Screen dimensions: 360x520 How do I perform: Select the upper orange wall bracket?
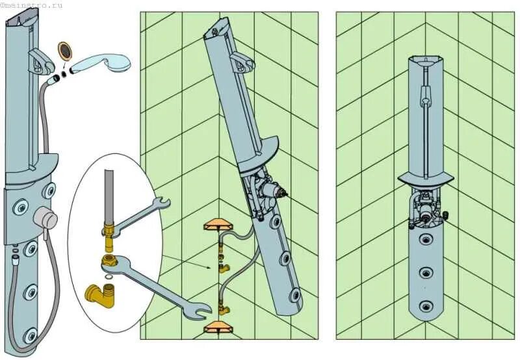pyautogui.click(x=216, y=225)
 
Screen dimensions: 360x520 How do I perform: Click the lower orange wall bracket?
pyautogui.click(x=216, y=327)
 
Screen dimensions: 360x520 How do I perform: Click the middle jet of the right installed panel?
pyautogui.click(x=426, y=272)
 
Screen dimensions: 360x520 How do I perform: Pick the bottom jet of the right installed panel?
pyautogui.click(x=426, y=305)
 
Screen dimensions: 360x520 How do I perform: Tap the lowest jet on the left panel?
pyautogui.click(x=30, y=335)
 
